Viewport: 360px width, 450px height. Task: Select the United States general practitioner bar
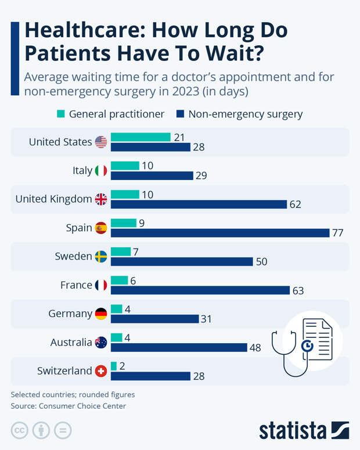point(141,137)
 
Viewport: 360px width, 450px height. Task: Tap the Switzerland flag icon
point(101,370)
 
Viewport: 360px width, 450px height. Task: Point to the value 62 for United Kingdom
point(295,204)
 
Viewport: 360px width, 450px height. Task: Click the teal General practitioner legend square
point(61,114)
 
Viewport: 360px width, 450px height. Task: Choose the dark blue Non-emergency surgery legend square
point(180,114)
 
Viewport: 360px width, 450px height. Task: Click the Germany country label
point(70,314)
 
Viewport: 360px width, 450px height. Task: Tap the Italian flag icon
point(101,171)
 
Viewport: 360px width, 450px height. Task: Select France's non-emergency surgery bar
point(200,290)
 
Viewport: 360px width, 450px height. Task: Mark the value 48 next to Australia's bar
point(255,347)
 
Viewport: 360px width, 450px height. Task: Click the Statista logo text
point(293,430)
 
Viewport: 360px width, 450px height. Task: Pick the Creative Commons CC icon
point(20,431)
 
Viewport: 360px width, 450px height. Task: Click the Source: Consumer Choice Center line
point(68,406)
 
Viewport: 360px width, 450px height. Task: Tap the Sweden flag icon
point(101,257)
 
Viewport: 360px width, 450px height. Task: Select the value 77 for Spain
point(338,233)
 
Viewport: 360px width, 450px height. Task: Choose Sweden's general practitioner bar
point(121,251)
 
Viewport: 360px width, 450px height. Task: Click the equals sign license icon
point(62,431)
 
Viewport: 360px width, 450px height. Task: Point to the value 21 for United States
point(179,137)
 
